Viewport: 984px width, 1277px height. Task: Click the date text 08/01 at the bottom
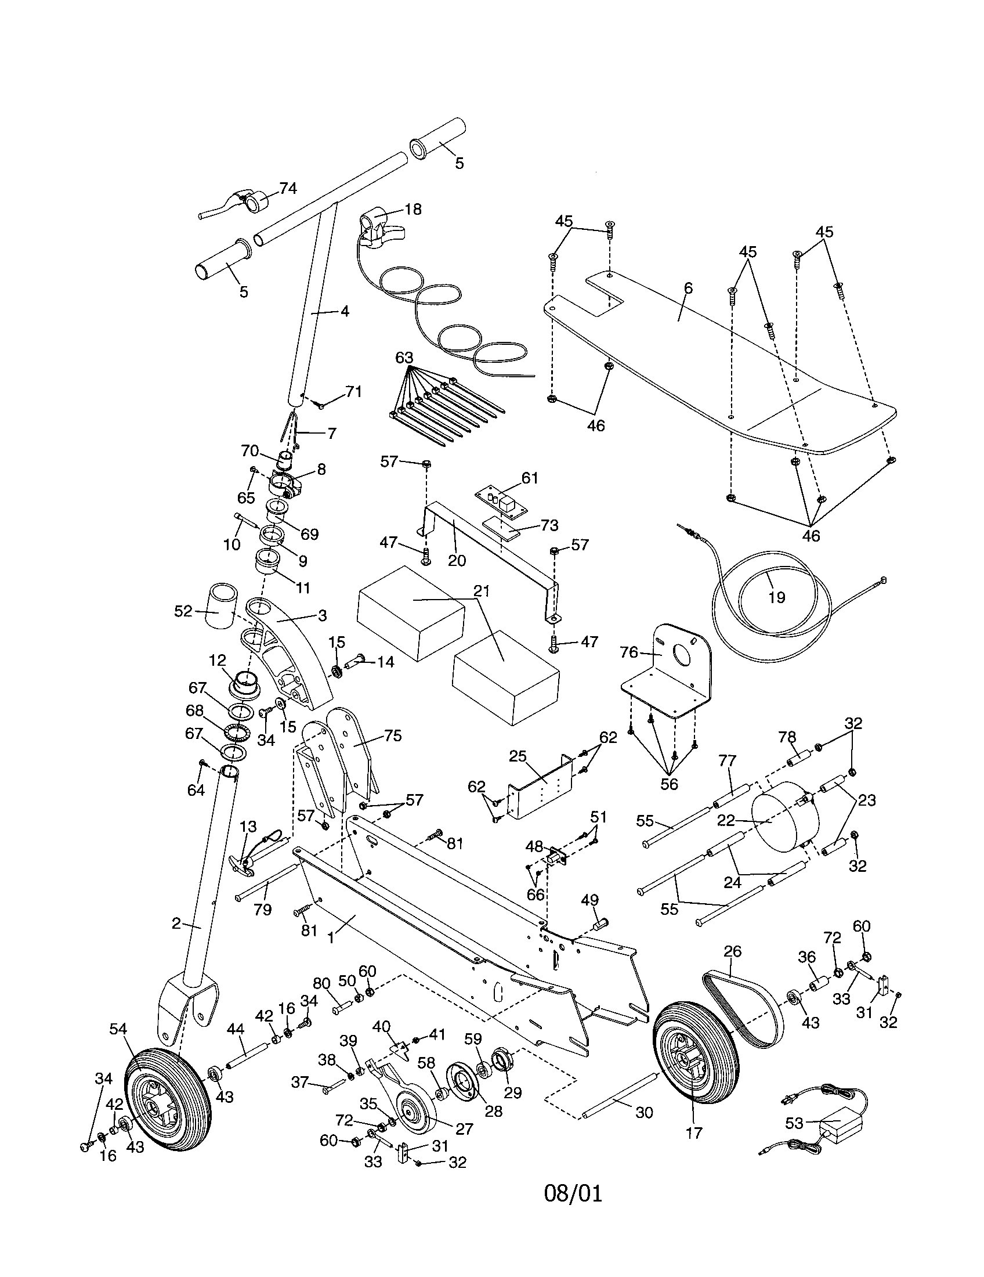pos(573,1193)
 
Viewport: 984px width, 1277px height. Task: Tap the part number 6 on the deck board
pos(688,288)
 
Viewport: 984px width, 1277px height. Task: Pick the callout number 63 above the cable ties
pos(404,357)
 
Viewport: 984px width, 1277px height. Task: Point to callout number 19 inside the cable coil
pos(776,597)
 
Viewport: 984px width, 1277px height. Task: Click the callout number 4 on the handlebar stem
pos(345,312)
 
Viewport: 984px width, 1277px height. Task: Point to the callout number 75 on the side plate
pos(393,735)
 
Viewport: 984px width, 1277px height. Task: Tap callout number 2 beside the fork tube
pos(176,924)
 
